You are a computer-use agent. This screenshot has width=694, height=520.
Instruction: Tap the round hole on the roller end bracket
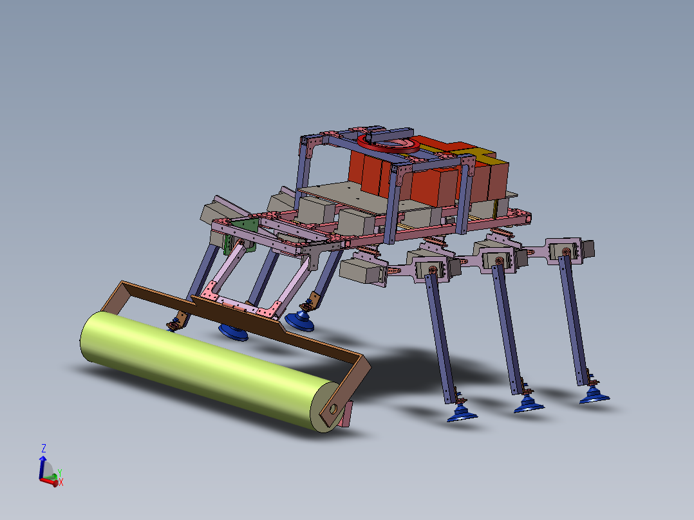click(x=333, y=408)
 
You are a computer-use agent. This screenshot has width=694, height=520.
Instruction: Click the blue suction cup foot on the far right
click(x=594, y=396)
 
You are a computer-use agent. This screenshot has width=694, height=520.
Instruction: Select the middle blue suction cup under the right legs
click(x=528, y=405)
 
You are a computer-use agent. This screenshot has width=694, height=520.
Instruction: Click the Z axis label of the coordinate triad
click(x=44, y=447)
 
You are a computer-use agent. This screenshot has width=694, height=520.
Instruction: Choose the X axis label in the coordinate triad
click(x=61, y=482)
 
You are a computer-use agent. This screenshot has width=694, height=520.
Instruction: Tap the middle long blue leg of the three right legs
click(x=507, y=328)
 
